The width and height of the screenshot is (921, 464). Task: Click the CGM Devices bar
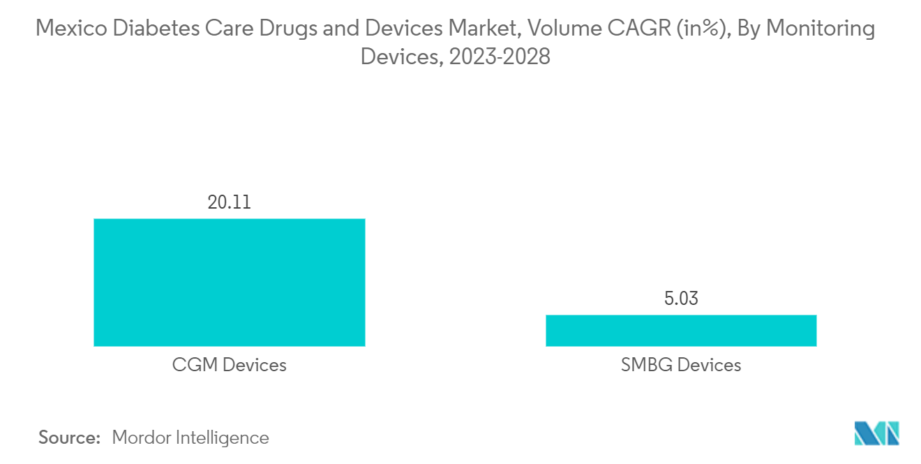(x=229, y=282)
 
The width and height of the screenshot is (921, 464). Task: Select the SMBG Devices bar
(x=680, y=330)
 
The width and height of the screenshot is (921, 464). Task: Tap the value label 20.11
(x=229, y=202)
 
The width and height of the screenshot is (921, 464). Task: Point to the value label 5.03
(x=680, y=299)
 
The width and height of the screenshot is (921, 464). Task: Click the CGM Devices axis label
(x=229, y=364)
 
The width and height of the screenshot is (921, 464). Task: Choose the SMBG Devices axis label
(x=680, y=364)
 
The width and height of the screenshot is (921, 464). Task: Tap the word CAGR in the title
(x=639, y=29)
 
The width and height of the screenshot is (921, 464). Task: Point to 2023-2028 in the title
(x=500, y=57)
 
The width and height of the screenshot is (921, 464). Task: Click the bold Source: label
(x=70, y=437)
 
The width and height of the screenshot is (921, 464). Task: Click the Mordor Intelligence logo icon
(x=877, y=434)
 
